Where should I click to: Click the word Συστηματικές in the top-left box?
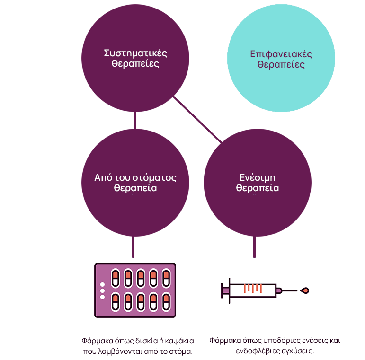[x=135, y=53]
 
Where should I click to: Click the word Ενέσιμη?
[x=258, y=177]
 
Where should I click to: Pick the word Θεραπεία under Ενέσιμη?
[x=258, y=188]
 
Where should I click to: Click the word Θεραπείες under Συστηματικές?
[x=135, y=63]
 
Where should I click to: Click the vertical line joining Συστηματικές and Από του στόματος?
[x=136, y=120]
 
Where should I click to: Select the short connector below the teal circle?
[x=245, y=121]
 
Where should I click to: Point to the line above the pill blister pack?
[x=133, y=247]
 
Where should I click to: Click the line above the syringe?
[x=255, y=247]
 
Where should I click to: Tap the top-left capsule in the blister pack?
[x=115, y=278]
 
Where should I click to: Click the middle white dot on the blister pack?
[x=102, y=290]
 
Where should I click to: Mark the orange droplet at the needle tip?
[x=305, y=290]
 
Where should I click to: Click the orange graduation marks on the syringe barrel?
[x=252, y=288]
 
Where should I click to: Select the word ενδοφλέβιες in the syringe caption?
[x=255, y=351]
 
